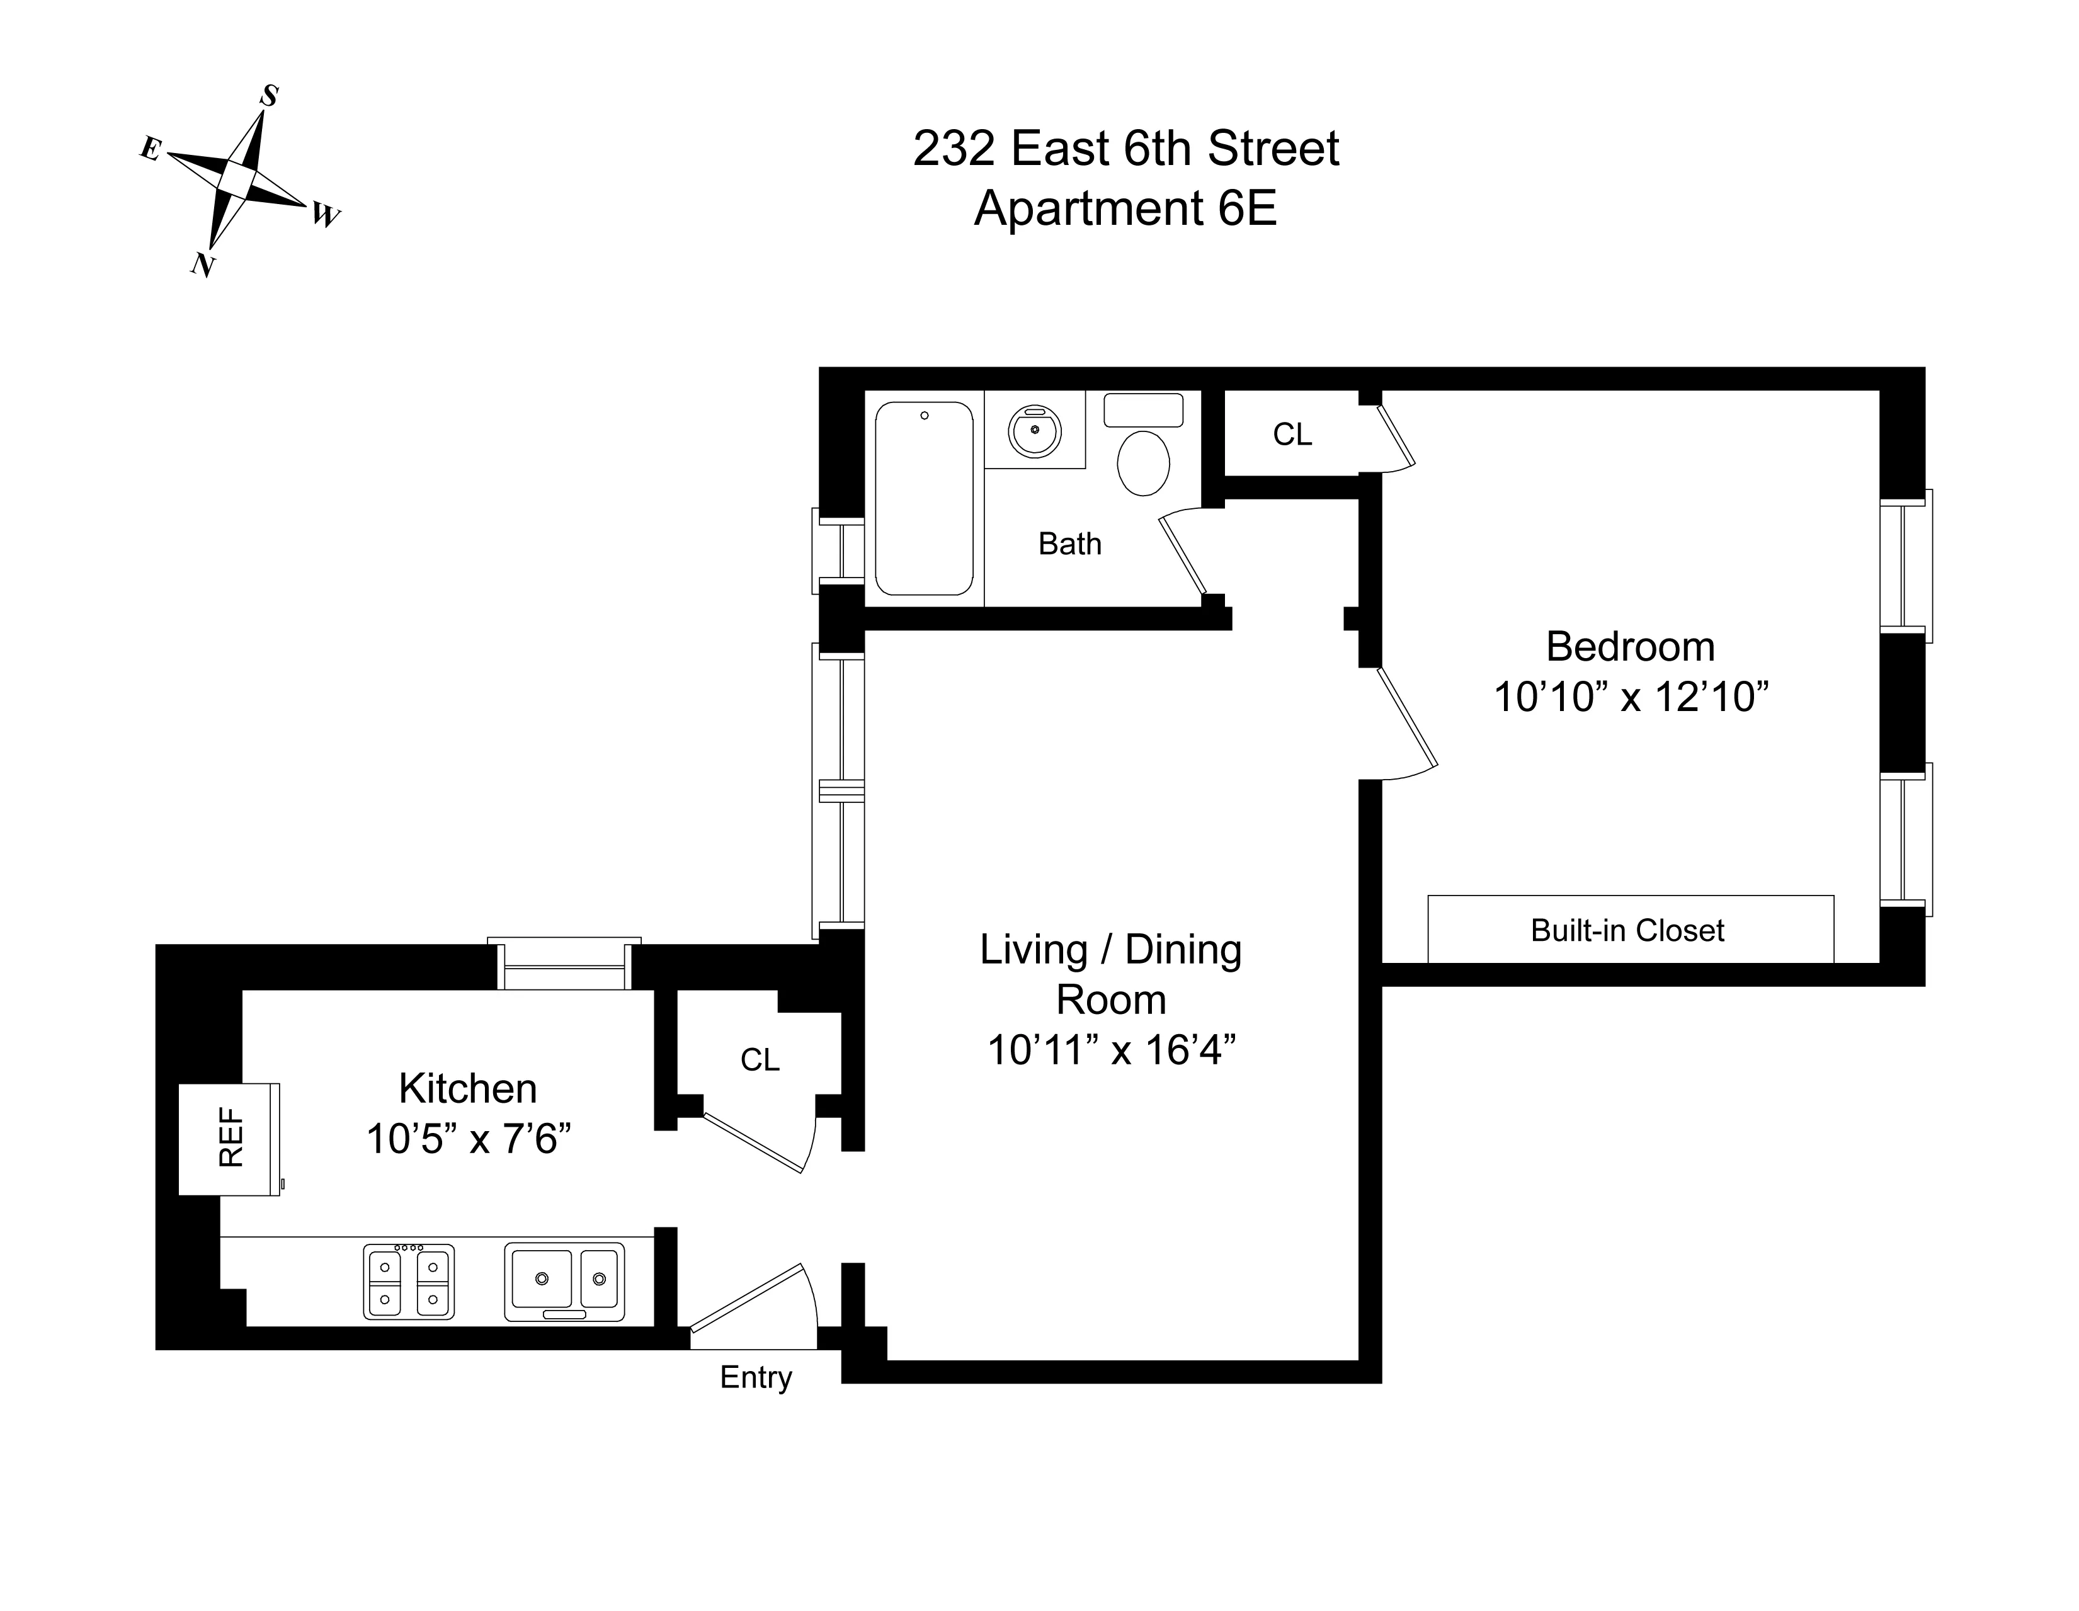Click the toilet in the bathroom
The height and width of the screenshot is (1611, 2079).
click(1142, 463)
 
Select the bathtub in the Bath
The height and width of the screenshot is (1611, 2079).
click(923, 498)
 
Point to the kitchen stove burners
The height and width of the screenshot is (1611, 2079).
click(408, 1282)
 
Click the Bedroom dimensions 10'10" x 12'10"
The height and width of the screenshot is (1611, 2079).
click(1631, 697)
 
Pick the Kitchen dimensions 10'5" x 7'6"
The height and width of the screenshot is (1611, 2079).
click(469, 1139)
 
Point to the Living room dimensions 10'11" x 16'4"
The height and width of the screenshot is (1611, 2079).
click(1111, 1050)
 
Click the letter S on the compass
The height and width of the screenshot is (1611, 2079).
click(270, 96)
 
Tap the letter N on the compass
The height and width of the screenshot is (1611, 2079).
click(202, 264)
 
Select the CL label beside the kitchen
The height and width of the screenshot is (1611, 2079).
click(760, 1060)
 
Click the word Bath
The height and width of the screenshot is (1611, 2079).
click(1069, 544)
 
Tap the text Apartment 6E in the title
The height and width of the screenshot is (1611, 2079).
click(1125, 208)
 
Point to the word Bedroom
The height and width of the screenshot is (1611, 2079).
click(1630, 647)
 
